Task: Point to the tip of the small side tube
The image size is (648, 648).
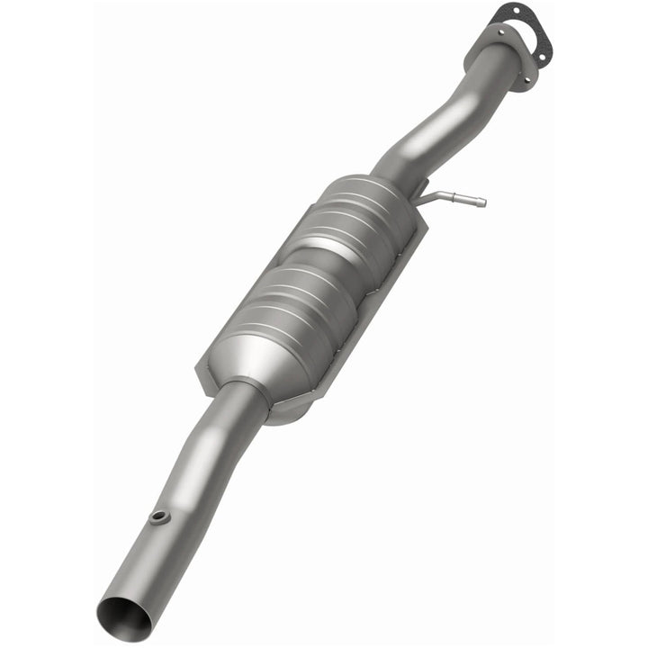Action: click(x=482, y=202)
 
